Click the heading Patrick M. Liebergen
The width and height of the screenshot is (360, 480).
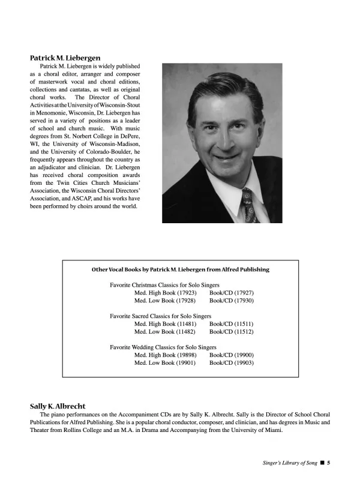coord(65,58)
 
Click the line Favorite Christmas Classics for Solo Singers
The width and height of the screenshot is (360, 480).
coord(164,285)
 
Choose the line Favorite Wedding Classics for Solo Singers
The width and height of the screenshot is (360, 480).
coord(163,347)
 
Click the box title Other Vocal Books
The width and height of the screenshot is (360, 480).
coord(180,269)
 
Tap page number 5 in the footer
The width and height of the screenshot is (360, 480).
coord(329,463)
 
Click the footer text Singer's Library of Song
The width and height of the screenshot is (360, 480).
coord(289,463)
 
